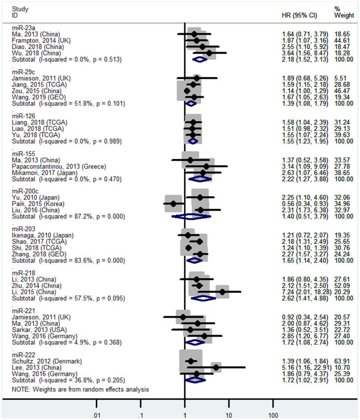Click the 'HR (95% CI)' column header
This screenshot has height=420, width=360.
(300, 15)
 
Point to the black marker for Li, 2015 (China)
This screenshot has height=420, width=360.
(223, 292)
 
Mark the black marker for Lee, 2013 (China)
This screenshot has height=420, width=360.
(216, 368)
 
